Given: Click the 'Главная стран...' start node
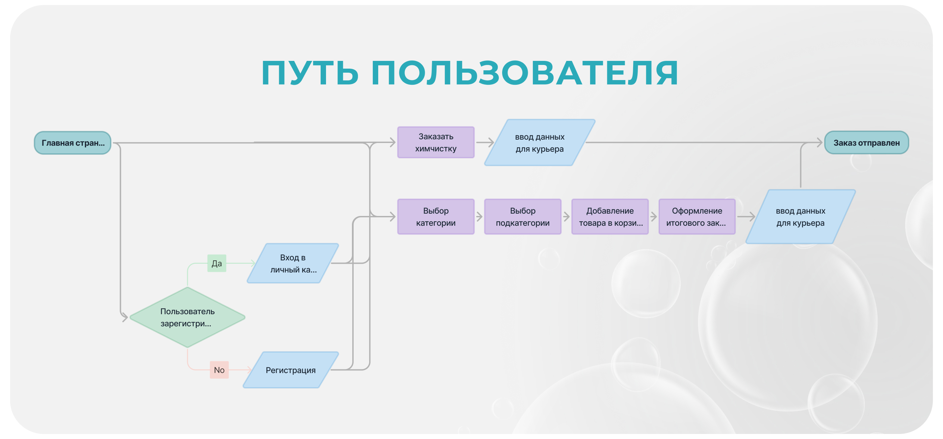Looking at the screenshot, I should pyautogui.click(x=72, y=143).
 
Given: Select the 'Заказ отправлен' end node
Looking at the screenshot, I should pyautogui.click(x=866, y=143).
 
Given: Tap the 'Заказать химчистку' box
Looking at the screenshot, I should pyautogui.click(x=435, y=143).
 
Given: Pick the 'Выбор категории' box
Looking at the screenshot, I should pyautogui.click(x=435, y=217).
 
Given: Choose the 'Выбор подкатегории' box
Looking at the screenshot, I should pyautogui.click(x=522, y=217).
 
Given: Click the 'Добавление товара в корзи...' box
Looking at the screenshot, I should pyautogui.click(x=610, y=217).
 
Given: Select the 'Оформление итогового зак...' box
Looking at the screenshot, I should pyautogui.click(x=696, y=217).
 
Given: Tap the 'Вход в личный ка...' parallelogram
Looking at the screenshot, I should pyautogui.click(x=293, y=263).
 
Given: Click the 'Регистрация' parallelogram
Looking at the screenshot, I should pyautogui.click(x=291, y=370).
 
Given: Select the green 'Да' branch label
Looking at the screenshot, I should pyautogui.click(x=217, y=263).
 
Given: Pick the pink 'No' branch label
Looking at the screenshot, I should pyautogui.click(x=219, y=370).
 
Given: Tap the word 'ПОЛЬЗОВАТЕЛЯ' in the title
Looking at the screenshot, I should pyautogui.click(x=525, y=73).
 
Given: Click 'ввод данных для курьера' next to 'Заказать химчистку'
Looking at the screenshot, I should pyautogui.click(x=540, y=143).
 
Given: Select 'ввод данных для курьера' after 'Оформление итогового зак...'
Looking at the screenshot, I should pyautogui.click(x=800, y=217).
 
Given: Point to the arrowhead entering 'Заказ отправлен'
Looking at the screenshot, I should pyautogui.click(x=820, y=143).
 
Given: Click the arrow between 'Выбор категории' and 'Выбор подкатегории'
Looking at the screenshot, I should pyautogui.click(x=480, y=217).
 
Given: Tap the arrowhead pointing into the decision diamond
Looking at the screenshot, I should pyautogui.click(x=125, y=317).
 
